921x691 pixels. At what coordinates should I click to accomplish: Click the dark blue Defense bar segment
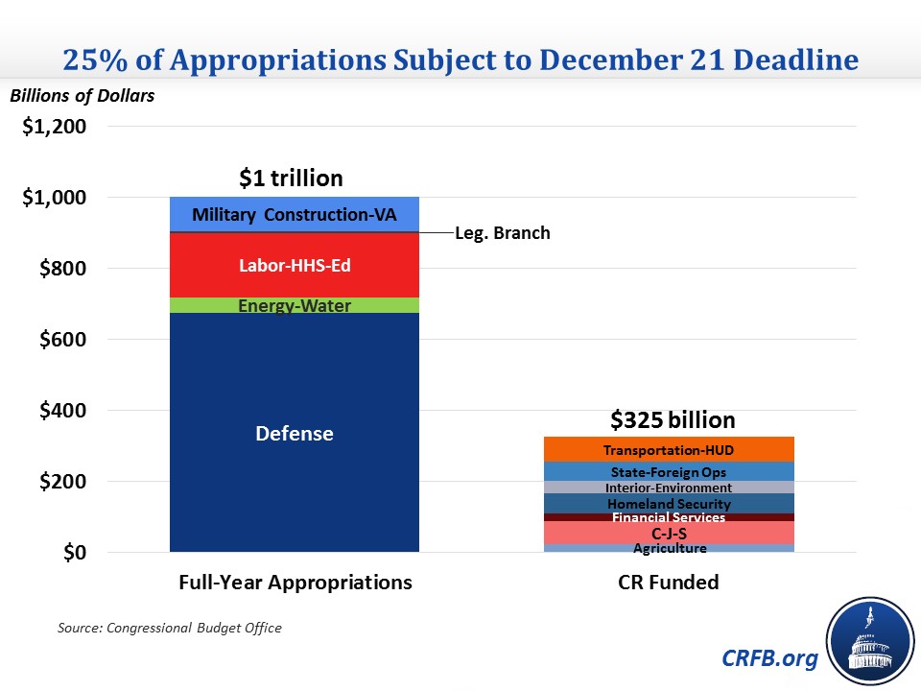[294, 433]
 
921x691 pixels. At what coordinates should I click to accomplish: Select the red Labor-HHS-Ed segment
[294, 265]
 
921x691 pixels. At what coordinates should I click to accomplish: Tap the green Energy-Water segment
[294, 305]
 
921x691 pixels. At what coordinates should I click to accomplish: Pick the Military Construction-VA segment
[294, 214]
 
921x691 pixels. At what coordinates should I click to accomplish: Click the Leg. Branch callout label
[502, 233]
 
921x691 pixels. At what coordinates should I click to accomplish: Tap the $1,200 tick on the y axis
[54, 127]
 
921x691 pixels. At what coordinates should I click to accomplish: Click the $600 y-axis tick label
[60, 340]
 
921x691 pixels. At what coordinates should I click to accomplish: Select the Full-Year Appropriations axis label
[295, 583]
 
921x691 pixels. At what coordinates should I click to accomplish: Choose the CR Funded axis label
[668, 583]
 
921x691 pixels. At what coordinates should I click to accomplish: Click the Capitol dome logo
[871, 641]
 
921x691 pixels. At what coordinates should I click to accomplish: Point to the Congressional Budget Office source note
[169, 628]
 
